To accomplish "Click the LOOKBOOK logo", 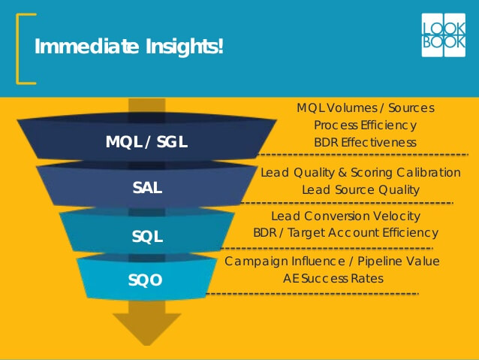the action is coord(444,35).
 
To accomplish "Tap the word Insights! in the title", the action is coord(184,47).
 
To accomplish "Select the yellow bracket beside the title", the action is coord(21,49).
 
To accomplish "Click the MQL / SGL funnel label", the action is coord(146,142).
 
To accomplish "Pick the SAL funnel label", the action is coord(147,188).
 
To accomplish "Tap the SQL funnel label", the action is coord(147,237).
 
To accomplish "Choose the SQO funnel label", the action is coord(145,280).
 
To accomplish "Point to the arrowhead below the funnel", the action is coord(147,329).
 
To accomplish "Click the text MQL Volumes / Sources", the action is coord(366,108).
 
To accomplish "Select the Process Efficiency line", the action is coord(366,126).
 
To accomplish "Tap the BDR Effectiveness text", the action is coord(366,143).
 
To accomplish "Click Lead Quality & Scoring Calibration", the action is coord(360,173).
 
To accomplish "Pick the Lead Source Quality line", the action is coord(361,190).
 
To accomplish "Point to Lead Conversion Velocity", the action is coord(346,216).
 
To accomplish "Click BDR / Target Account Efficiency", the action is coord(346,233).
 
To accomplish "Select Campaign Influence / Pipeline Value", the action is coord(332,262).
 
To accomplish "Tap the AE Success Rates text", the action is coord(333,279).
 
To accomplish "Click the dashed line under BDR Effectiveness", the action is coord(363,155).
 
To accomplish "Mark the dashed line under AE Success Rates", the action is coord(312,294).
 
